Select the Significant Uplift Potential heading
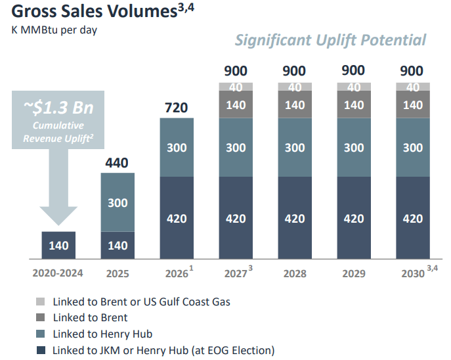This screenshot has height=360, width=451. point(330,40)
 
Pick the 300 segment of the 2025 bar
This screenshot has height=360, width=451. point(118,203)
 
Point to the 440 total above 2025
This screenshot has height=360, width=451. point(118,163)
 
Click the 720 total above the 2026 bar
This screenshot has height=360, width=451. point(176,106)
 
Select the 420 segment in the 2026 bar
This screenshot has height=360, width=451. point(176,218)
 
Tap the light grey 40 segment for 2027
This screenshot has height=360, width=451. point(235,87)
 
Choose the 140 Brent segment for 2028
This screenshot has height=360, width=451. point(294,104)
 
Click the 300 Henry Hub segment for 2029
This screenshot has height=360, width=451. point(353,147)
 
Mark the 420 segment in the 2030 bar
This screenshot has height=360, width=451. point(413,218)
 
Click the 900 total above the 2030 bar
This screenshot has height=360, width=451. point(413,71)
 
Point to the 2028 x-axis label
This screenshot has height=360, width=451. point(294,273)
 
